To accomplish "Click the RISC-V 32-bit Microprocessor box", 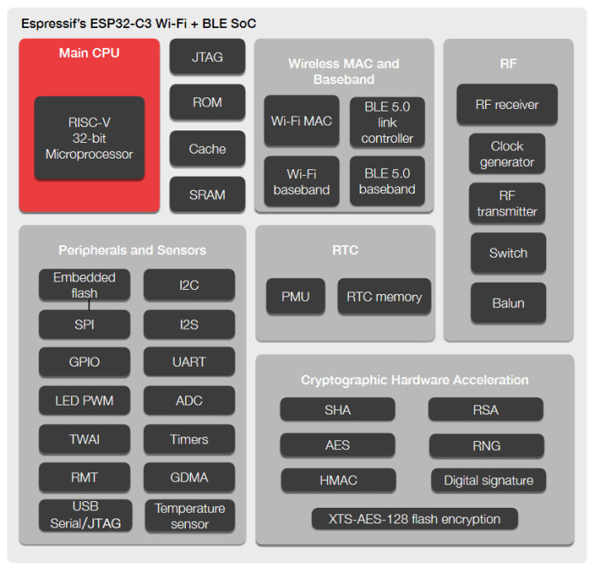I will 89,138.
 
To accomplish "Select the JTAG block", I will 207,58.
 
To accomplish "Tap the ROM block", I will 207,102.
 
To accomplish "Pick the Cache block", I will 207,149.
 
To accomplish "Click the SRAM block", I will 207,195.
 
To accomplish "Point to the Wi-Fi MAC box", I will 302,121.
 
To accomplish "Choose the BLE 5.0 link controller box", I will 388,121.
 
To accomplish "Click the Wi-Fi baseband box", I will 302,182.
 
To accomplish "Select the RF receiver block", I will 507,105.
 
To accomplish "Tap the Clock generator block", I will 507,154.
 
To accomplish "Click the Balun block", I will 507,303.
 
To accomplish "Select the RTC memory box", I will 384,296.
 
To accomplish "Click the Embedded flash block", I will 84,284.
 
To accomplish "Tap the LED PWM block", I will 84,400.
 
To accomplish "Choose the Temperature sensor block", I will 189,516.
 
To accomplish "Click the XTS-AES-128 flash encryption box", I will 415,519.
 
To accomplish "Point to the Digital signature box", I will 488,480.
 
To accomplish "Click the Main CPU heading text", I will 89,53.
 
